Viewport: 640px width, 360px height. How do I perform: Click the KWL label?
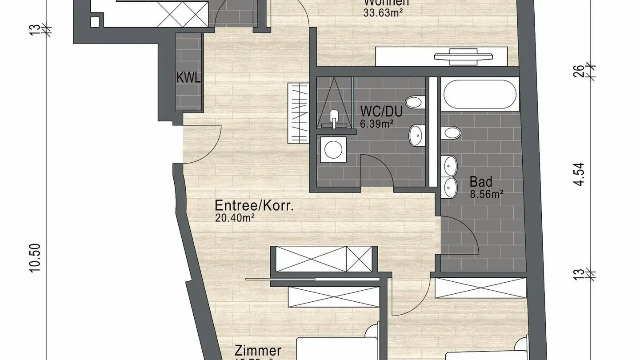tap(188, 78)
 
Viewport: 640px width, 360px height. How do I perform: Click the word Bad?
tap(481, 182)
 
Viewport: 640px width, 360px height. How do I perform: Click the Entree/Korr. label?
tap(255, 206)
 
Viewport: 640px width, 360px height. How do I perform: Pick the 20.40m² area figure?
tap(234, 217)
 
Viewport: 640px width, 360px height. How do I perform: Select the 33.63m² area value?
tap(383, 12)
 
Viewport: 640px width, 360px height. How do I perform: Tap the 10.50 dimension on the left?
tap(36, 260)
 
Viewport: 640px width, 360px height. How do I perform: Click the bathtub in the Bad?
tap(480, 95)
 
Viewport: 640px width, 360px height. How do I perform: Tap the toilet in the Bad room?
tap(452, 132)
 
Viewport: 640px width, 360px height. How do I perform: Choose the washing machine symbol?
tap(332, 149)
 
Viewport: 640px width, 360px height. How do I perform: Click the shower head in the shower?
tap(334, 119)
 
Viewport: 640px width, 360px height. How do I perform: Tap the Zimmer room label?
tap(258, 351)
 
